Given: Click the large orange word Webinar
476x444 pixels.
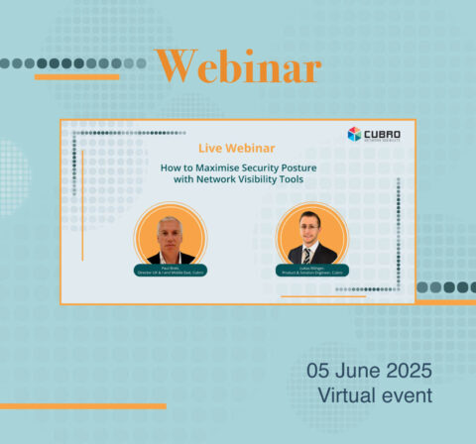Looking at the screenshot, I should pos(238,67).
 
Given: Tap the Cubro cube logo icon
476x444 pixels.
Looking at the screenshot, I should pos(354,134).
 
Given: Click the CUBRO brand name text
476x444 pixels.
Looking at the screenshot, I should pos(382,132).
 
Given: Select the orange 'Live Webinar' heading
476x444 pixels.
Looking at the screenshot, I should pos(237,148).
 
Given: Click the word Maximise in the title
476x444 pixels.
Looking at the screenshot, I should pos(211,167).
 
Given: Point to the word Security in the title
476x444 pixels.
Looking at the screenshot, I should pos(257,167).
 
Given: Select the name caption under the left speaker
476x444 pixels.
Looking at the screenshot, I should pos(169,271).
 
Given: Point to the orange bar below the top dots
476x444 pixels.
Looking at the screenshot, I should pos(76,76).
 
